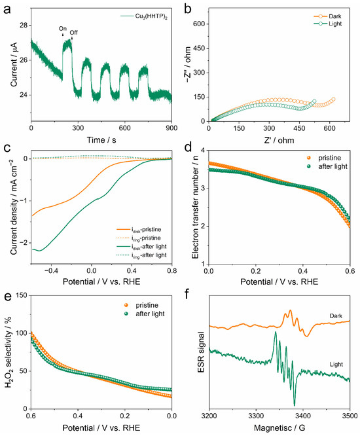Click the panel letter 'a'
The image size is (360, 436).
pos(7,9)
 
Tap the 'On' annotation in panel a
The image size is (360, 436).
pos(63,29)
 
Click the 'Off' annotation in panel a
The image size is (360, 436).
pos(74,33)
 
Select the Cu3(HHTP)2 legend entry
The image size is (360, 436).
pos(144,16)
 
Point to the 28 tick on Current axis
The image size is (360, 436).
pos(24,26)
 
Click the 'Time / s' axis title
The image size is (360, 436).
pos(101,140)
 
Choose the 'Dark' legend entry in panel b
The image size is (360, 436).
pos(328,16)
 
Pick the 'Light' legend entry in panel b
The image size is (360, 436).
pos(328,24)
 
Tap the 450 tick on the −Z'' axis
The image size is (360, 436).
pos(200,48)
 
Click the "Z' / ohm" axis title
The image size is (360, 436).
pos(279,140)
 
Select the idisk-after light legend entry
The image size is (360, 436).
pos(141,247)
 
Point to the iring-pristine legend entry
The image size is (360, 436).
pos(138,238)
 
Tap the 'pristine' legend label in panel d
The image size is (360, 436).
pos(329,158)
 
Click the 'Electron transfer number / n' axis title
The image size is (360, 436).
pos(196,207)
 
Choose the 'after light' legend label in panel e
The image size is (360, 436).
pos(150,314)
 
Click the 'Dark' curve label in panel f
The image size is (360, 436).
pos(336,316)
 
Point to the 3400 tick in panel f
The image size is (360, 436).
pos(303,416)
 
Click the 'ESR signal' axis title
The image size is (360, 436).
pos(202,352)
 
